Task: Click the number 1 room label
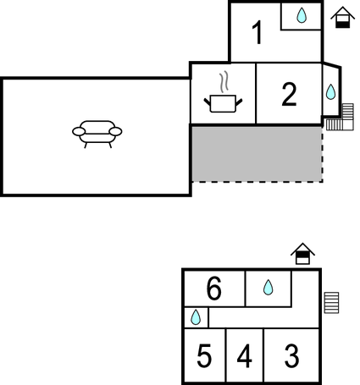pos(258,33)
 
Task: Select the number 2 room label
pos(289,94)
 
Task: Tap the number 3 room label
pos(291,356)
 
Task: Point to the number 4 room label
pos(244,356)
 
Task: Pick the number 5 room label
pos(204,356)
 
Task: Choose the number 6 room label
pos(213,289)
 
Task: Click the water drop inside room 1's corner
pos(302,15)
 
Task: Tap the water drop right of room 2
pos(330,91)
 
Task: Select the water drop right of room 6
pos(268,288)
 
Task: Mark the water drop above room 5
pos(196,317)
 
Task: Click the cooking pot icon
pos(223,103)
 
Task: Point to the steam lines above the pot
pos(224,82)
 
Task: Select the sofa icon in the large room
pos(97,134)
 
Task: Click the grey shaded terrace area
pos(257,154)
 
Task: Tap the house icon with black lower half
pos(342,18)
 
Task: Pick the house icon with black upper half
pos(302,254)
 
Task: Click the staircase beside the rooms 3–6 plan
pos(331,303)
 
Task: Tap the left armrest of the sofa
pos(79,131)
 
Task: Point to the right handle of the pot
pos(239,102)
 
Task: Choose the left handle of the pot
pos(208,102)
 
